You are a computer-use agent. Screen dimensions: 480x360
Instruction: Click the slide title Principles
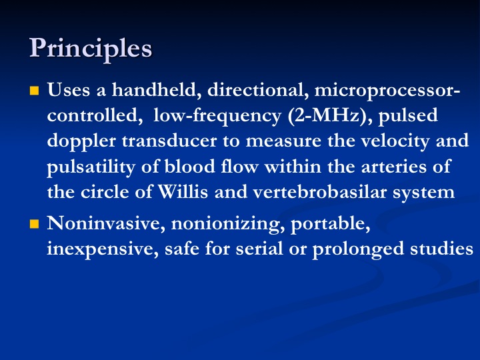coord(91,49)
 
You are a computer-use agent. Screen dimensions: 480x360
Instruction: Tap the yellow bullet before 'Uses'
coord(34,91)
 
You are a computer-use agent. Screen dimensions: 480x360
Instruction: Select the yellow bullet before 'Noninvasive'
coord(34,224)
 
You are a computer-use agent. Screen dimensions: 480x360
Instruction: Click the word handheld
coord(157,90)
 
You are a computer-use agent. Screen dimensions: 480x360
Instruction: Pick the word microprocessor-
coord(387,91)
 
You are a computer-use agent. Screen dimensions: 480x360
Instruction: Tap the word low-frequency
coord(217,116)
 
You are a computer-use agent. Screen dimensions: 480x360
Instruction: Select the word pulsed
coord(408,116)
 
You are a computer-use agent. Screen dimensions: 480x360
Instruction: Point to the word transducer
coord(169,141)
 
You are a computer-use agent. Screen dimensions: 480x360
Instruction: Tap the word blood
coord(190,167)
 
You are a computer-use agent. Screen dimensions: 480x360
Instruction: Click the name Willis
coord(183,192)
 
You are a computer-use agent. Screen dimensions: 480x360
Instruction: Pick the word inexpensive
coord(103,249)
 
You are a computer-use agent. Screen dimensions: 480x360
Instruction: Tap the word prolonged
coord(358,249)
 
